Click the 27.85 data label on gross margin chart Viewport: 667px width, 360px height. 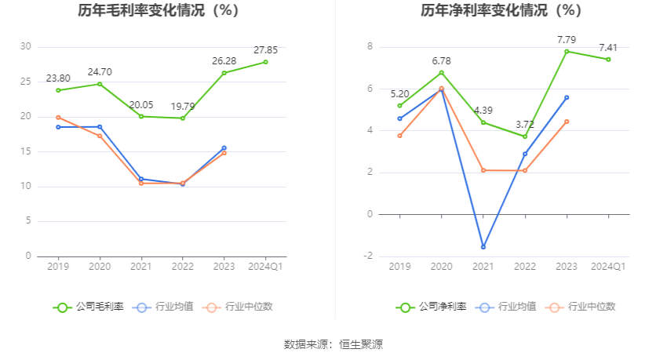pos(265,50)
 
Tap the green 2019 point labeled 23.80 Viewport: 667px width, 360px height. pos(58,90)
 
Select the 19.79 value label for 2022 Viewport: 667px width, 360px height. pos(183,106)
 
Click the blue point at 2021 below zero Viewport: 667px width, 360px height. pos(483,247)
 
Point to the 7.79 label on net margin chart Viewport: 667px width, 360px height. pos(567,40)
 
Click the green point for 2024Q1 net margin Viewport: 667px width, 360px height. pos(608,60)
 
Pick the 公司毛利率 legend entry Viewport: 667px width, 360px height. pos(89,307)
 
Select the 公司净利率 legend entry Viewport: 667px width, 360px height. pos(432,307)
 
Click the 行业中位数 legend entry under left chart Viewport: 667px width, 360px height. pos(237,307)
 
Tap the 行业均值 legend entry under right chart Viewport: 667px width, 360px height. pos(505,307)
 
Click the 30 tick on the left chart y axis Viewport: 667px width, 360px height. pos(26,46)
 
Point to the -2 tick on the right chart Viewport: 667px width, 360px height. pos(368,256)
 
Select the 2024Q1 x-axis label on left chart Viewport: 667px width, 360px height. pos(265,267)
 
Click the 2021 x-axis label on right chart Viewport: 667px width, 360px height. pos(483,267)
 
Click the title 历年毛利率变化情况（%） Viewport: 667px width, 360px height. pos(159,10)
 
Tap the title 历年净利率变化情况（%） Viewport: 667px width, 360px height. pos(501,10)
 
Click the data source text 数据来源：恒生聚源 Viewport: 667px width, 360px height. pos(333,344)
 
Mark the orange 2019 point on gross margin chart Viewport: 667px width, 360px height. pos(58,118)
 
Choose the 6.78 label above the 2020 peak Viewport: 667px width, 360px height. pos(442,61)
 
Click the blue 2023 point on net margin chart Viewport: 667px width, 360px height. pos(567,98)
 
